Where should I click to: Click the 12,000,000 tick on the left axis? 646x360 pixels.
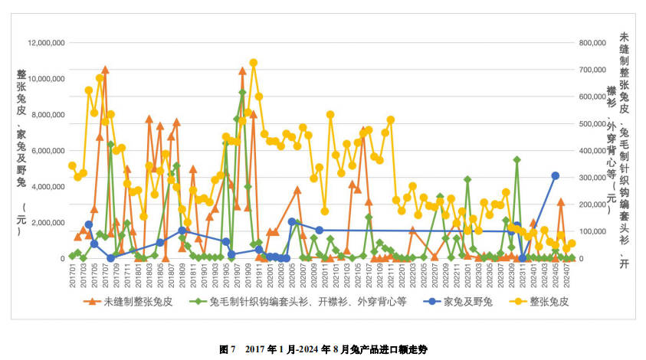tap(43, 43)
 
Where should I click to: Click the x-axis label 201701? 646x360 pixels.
tap(72, 273)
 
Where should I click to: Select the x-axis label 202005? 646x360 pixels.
tap(292, 273)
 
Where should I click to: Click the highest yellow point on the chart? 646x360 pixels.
tap(253, 63)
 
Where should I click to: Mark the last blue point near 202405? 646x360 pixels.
tap(556, 175)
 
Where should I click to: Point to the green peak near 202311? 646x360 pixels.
tap(517, 160)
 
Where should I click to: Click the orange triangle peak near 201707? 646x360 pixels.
tap(105, 70)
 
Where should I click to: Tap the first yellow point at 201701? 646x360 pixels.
tap(72, 165)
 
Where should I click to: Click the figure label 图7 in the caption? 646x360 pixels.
tap(228, 349)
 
